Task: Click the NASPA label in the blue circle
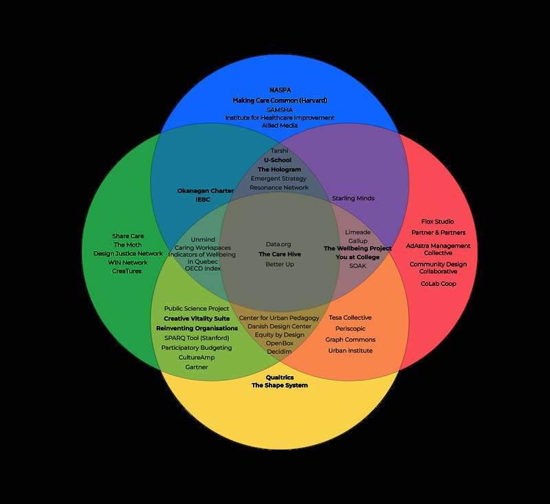coord(280,90)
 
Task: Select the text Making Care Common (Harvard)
coord(280,100)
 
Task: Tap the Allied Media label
coord(280,126)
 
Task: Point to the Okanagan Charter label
coord(206,190)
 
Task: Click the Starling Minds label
coord(353,198)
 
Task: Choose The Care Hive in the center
coord(280,254)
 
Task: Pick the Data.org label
coord(279,244)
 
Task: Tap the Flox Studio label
coord(438,221)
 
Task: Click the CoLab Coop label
coord(438,283)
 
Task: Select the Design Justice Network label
coord(128,254)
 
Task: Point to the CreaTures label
coord(126,271)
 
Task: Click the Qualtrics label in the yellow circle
coord(280,377)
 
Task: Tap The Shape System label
coord(280,386)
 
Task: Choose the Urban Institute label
coord(350,351)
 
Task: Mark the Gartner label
coord(197,367)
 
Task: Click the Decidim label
coord(279,351)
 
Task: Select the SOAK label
coord(357,265)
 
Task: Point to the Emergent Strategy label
coord(279,179)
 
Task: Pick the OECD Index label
coord(203,269)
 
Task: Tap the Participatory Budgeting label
coord(197,348)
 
